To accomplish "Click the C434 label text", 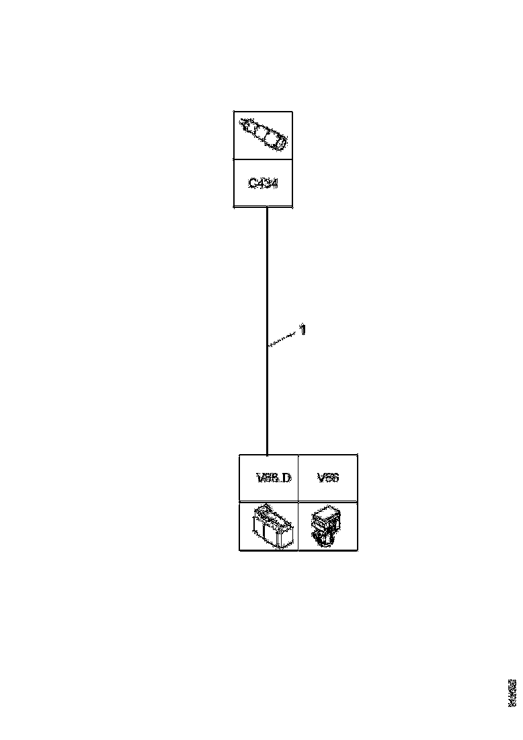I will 263,183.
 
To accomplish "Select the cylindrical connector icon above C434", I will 263,135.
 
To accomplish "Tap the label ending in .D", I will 274,478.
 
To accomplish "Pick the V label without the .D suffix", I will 327,478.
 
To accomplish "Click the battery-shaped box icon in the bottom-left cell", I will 268,526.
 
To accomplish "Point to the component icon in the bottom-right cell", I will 327,526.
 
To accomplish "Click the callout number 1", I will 303,330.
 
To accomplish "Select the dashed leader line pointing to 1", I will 283,338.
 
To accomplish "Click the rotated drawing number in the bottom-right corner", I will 513,693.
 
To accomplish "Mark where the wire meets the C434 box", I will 268,207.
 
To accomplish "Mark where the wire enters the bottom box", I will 268,455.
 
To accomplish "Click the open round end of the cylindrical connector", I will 280,142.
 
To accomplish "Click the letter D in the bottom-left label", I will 287,478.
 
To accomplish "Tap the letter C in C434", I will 251,183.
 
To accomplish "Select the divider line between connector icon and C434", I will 263,159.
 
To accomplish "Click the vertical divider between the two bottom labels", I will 298,478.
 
